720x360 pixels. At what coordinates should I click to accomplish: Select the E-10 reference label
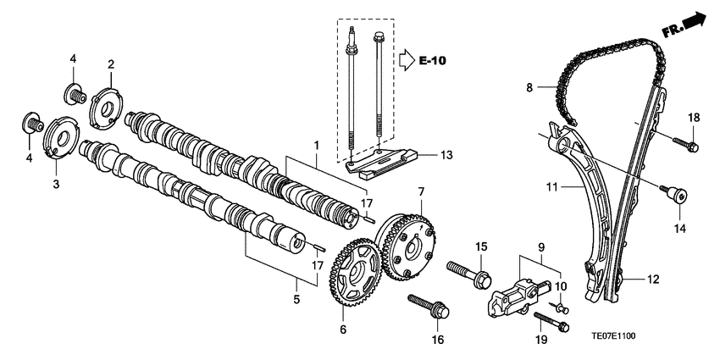(433, 60)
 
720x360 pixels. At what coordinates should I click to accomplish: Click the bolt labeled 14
(677, 197)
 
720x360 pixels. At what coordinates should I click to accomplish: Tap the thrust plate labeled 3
(59, 138)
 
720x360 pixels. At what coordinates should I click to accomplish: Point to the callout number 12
(654, 278)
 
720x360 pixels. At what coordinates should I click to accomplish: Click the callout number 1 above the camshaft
(316, 146)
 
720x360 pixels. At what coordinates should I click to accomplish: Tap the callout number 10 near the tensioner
(559, 287)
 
